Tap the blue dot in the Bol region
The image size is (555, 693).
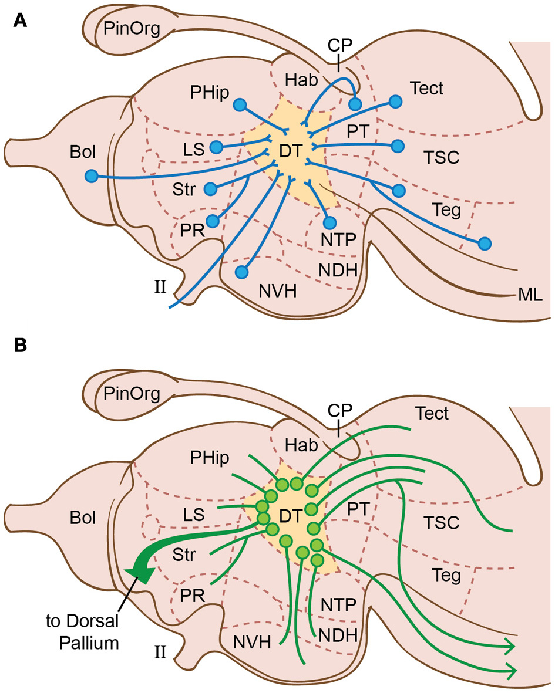pos(90,175)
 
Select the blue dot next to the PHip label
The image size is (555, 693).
pos(239,105)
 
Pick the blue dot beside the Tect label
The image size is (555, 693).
pos(395,102)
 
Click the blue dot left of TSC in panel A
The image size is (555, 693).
pos(398,145)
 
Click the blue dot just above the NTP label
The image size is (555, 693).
pos(329,222)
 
